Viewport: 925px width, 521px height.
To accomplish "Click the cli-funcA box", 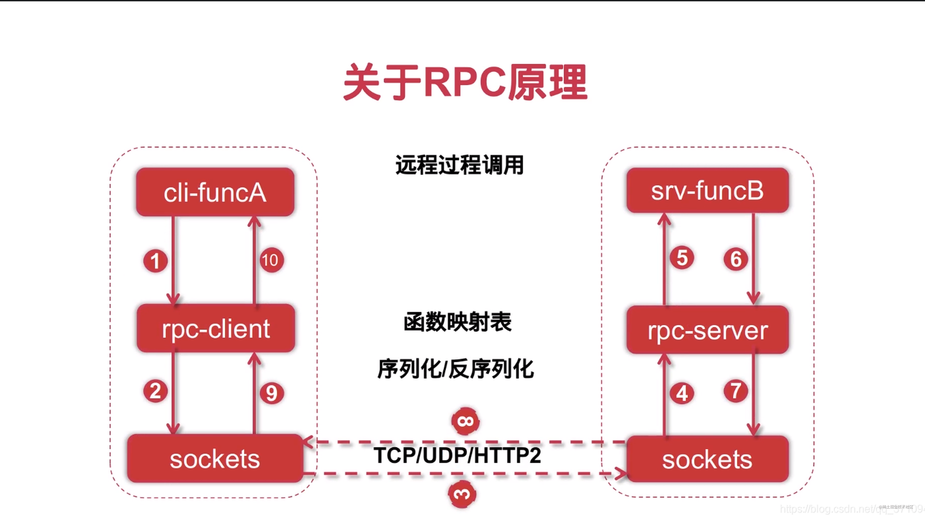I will [215, 192].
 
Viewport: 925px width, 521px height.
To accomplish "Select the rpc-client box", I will [216, 328].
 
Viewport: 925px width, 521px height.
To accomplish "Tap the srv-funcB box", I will [707, 190].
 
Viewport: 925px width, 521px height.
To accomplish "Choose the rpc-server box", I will [707, 330].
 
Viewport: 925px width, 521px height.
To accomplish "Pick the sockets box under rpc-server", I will [707, 459].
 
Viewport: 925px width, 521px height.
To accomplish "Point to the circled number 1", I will [155, 261].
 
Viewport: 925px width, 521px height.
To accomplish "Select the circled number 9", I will [272, 393].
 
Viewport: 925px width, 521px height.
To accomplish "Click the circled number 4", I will [682, 393].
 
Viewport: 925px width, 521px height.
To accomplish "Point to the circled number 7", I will [735, 391].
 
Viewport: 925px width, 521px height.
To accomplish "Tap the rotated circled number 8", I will [465, 421].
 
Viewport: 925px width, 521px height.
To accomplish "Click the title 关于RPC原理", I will [465, 83].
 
